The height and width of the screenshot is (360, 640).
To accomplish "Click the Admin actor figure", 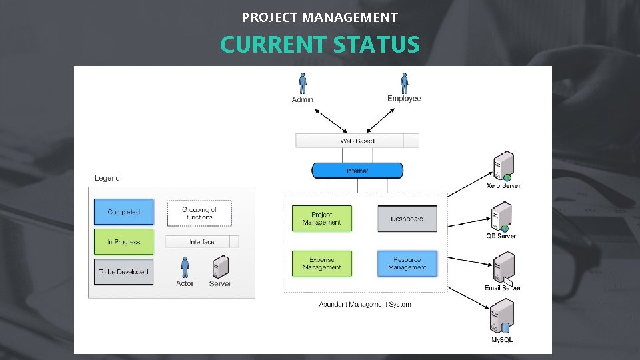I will [303, 83].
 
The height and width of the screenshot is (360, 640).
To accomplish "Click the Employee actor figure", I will [404, 83].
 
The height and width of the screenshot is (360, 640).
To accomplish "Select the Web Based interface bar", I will [357, 141].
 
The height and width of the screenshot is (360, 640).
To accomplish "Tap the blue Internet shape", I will [357, 171].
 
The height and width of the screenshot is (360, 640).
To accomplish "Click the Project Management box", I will [322, 219].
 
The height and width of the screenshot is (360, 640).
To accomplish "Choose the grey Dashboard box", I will [407, 219].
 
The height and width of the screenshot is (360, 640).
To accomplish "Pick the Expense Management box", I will [322, 263].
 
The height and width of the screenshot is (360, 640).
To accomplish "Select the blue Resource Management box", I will [407, 263].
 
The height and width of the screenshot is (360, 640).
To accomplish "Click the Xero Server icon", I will [503, 166].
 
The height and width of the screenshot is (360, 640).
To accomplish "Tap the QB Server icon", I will [501, 217].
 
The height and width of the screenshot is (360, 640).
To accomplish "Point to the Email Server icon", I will [503, 268].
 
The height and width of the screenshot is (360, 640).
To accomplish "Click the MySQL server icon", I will [502, 317].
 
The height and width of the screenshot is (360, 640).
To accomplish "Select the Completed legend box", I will [124, 212].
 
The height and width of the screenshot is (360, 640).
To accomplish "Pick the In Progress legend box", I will [124, 242].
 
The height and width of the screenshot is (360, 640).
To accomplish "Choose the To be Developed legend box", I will [124, 272].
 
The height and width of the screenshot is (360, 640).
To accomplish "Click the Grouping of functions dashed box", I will [199, 213].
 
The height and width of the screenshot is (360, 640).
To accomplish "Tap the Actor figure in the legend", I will [185, 267].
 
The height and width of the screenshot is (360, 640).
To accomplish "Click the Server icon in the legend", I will [219, 267].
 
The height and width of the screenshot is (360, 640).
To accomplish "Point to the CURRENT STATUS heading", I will [320, 45].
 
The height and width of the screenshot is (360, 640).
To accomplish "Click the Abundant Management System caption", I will [365, 305].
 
